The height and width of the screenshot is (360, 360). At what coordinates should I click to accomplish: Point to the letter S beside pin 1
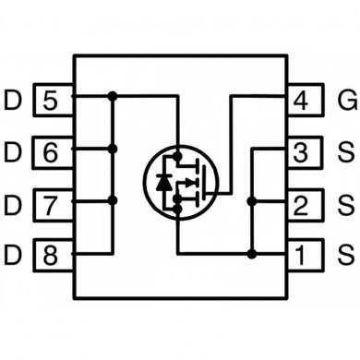[346, 251]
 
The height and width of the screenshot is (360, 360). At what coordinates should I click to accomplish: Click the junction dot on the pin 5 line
[113, 95]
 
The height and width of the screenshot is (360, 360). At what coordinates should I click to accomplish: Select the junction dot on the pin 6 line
[113, 148]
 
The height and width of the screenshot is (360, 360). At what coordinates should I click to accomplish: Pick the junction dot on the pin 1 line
[251, 251]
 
